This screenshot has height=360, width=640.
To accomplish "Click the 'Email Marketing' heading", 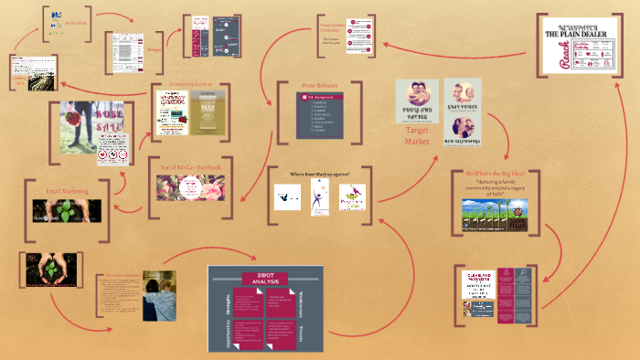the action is click(65, 191).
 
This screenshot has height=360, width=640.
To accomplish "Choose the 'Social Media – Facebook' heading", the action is click(189, 167).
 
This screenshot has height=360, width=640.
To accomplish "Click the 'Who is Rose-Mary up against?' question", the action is click(319, 174).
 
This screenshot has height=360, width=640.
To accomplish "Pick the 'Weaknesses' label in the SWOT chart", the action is click(302, 301).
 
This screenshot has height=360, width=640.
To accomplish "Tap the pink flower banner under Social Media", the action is click(189, 186).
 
